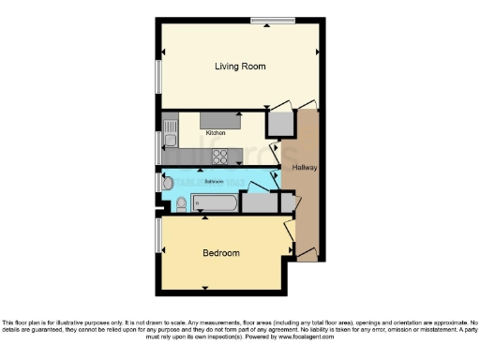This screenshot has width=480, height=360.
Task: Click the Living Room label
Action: point(240,67)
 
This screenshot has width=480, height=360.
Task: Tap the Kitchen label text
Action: point(216,133)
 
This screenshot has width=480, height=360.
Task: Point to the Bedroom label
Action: point(221,253)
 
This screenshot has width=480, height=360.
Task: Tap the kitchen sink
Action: point(171,142)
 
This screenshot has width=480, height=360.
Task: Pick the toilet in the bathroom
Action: point(181,202)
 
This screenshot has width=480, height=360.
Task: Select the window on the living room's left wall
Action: point(157,75)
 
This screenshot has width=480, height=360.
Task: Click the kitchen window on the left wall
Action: point(157,144)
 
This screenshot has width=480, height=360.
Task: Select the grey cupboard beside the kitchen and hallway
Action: point(279,123)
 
